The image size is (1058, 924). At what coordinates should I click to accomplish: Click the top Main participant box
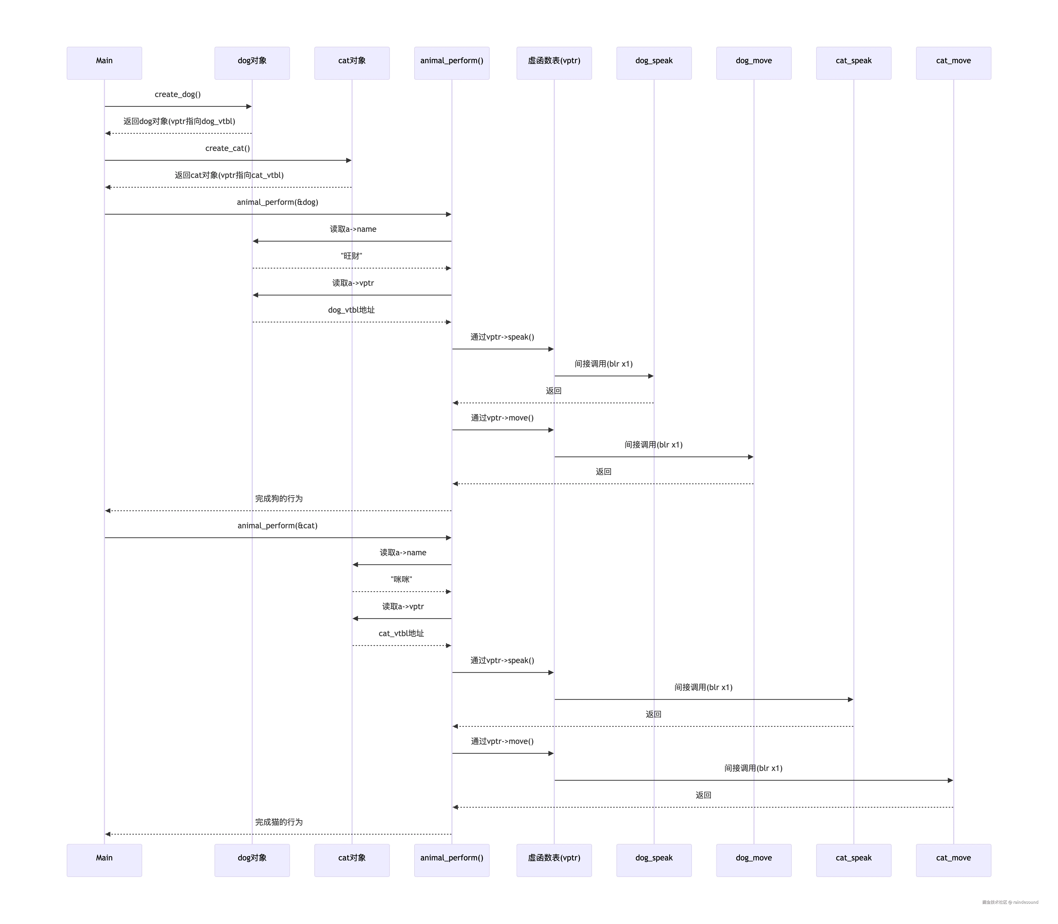pos(104,63)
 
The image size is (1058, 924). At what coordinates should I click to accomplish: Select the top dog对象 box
pos(252,63)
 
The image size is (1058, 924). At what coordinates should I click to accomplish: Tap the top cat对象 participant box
pos(352,63)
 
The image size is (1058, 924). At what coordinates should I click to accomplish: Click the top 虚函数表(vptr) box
pos(554,63)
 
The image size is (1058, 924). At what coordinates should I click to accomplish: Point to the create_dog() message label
pos(178,94)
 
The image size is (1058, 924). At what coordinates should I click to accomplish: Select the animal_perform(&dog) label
pos(277,202)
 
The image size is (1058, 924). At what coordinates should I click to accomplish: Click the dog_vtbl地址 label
pos(352,310)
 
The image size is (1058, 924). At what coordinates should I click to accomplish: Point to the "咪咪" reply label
pos(402,580)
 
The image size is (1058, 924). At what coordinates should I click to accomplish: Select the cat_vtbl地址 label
pos(402,633)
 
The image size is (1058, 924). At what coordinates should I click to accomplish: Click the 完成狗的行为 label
pos(279,499)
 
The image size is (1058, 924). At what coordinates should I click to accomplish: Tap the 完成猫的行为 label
pos(279,822)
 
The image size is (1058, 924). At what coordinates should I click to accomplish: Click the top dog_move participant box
pos(754,63)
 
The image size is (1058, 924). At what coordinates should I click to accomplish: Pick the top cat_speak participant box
pos(854,63)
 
